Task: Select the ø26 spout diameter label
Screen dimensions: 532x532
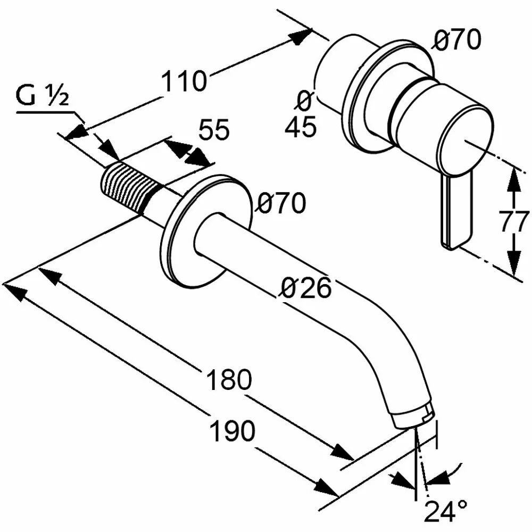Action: coord(306,288)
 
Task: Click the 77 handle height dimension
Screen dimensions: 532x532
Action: coord(514,222)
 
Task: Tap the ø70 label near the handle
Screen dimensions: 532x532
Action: coord(456,40)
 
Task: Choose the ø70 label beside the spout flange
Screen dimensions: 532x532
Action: coord(281,203)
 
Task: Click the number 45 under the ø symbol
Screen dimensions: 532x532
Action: coord(301,127)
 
